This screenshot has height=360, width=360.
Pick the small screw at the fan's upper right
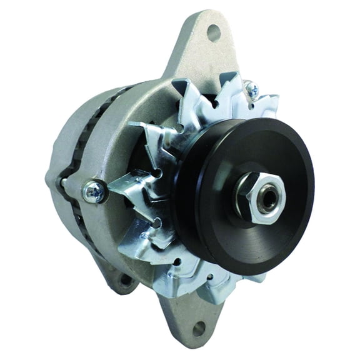pyautogui.click(x=254, y=91)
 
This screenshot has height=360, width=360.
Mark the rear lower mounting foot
pyautogui.click(x=119, y=272)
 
